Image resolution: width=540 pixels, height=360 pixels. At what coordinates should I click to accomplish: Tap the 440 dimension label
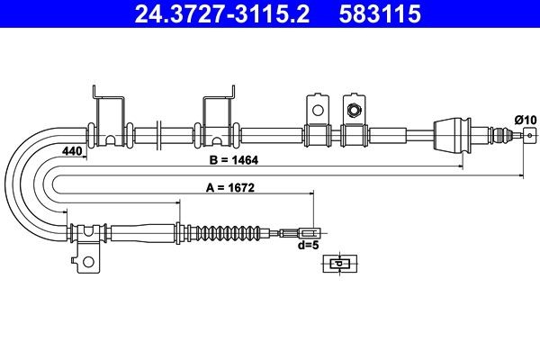tap(72, 152)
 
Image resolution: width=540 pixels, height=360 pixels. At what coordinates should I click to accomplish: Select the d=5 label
tap(308, 245)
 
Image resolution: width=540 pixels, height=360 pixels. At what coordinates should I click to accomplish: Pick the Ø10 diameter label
tap(524, 118)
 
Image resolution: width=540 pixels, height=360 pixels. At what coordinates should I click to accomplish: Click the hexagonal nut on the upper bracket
tap(353, 110)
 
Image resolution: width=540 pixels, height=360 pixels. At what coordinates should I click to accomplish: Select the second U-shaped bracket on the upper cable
tap(218, 117)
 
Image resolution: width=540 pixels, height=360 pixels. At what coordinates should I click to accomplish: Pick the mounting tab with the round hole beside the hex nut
tap(316, 108)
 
